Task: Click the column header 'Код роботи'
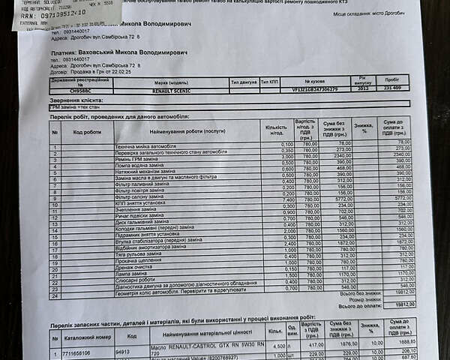(x=87, y=131)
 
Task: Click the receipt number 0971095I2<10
(x=49, y=13)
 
